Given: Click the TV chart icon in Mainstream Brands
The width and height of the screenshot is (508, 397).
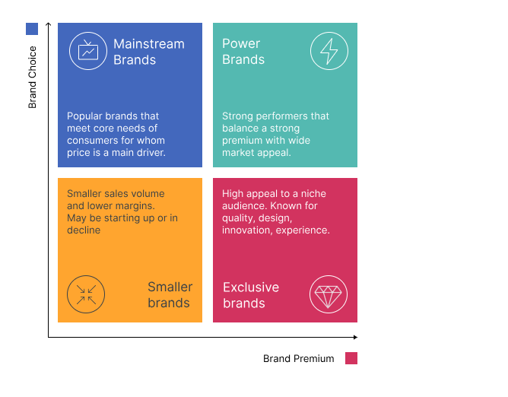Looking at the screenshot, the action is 88,51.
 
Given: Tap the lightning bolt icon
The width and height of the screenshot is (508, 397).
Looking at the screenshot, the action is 329,51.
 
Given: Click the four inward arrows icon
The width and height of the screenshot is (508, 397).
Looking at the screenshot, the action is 86,294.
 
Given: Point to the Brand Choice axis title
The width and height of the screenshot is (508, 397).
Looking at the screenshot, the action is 32,77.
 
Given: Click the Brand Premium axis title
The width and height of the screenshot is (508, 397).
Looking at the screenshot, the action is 298,358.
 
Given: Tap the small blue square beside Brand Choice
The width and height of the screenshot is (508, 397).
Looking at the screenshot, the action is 32,29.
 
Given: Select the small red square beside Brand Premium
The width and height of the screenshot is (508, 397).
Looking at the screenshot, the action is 351,358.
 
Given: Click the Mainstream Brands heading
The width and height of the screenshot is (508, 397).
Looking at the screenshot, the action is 149,52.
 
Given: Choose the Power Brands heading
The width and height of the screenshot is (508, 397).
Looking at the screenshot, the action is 243,52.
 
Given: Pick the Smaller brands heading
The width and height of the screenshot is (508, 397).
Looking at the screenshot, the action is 170,294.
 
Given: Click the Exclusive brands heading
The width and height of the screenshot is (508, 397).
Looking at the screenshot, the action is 251,295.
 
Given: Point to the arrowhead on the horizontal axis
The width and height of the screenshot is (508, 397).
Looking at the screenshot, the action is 356,337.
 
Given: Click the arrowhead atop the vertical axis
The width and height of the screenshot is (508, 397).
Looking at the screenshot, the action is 48,24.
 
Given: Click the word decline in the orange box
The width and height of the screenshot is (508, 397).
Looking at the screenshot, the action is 84,230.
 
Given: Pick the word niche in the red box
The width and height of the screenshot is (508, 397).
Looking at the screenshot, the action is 313,193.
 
